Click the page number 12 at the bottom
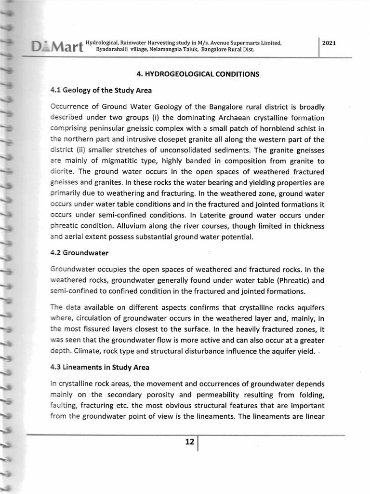coord(189,442)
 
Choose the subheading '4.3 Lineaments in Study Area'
coord(100,367)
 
